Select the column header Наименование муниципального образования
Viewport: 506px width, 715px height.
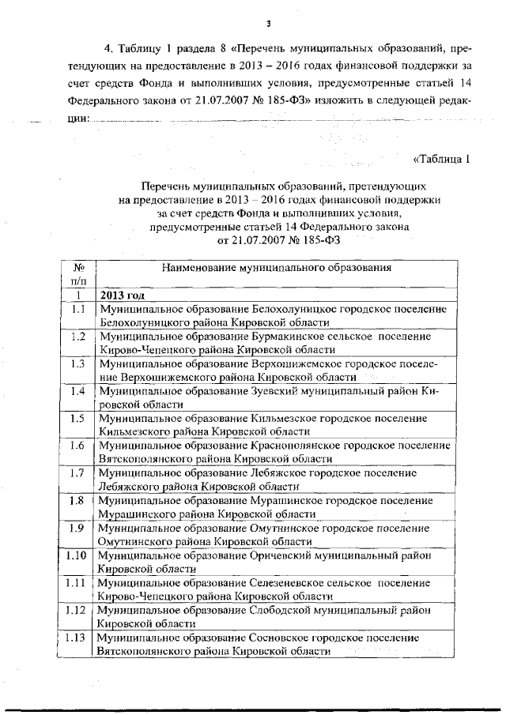point(277,268)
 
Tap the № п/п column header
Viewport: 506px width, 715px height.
point(78,274)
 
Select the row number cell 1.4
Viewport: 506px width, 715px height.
point(78,391)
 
